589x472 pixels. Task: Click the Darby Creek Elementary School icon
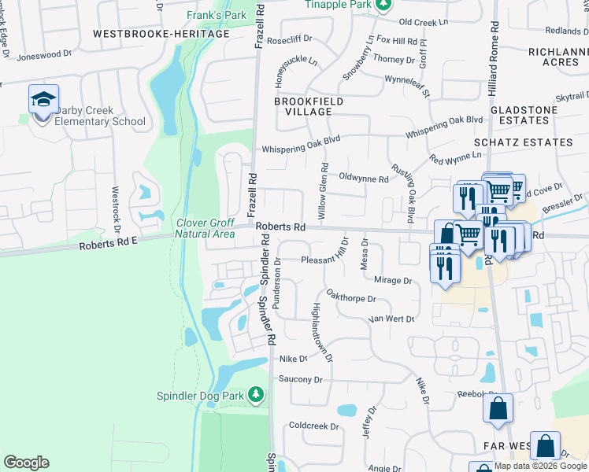point(43,100)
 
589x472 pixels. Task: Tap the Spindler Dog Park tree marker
point(256,394)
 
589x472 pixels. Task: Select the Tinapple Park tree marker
point(383,6)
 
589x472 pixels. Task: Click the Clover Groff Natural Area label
point(205,228)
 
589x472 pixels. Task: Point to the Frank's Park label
point(217,15)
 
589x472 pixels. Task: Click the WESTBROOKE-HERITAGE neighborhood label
point(163,34)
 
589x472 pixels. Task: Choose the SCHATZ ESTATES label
point(524,142)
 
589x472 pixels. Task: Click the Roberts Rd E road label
point(109,245)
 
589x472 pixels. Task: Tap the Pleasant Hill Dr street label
point(330,259)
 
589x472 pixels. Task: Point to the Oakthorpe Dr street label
point(352,299)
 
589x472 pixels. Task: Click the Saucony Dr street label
point(302,379)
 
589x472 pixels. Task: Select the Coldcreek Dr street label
point(313,426)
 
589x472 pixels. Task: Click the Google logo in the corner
point(26,463)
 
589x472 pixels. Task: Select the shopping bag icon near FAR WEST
point(545,446)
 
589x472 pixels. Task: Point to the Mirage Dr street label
point(393,280)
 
